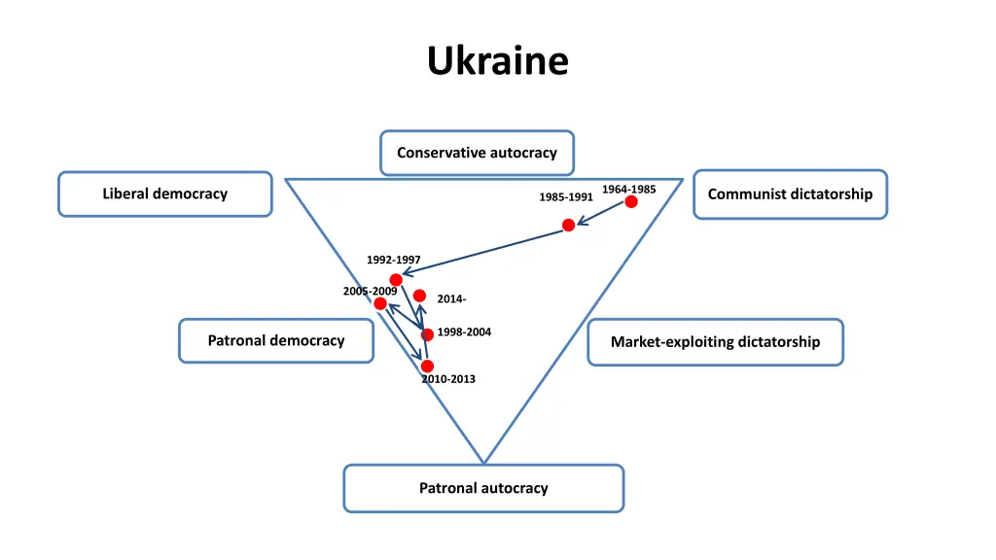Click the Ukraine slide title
(497, 60)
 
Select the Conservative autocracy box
(477, 153)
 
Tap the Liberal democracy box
(165, 193)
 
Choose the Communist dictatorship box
(790, 193)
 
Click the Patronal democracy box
(276, 340)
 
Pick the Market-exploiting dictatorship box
(715, 341)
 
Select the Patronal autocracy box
(483, 488)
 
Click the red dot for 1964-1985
(631, 201)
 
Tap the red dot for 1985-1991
(569, 226)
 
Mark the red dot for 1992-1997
(396, 280)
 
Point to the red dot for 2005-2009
(380, 303)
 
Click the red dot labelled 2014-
(419, 296)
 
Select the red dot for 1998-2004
(427, 334)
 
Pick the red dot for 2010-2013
(427, 366)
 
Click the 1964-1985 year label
(628, 189)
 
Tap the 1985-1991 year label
(566, 197)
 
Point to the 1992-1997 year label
(394, 260)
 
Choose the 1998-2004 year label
(464, 332)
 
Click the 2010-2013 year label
(448, 379)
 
